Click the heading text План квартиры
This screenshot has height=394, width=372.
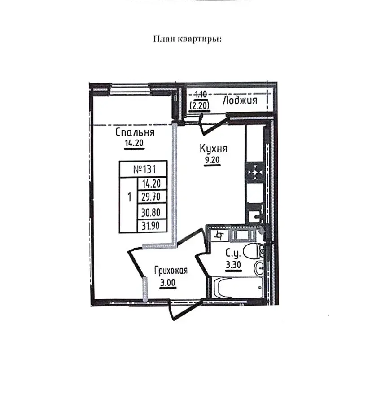[x=188, y=39]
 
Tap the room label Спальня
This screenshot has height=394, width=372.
[x=135, y=132]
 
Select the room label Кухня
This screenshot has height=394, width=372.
[x=214, y=149]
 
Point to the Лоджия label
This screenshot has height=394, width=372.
[x=240, y=100]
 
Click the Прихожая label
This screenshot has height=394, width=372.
[x=171, y=271]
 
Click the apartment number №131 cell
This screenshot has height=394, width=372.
[x=144, y=169]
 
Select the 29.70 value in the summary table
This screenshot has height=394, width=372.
[x=151, y=197]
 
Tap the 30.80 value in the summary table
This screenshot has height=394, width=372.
[x=151, y=213]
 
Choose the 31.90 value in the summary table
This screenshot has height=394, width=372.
[x=151, y=226]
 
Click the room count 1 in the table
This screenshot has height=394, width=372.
[x=129, y=197]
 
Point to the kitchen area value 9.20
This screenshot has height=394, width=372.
[x=212, y=160]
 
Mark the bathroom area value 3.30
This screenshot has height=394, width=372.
[x=233, y=265]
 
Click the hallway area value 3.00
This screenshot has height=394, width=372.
[x=168, y=283]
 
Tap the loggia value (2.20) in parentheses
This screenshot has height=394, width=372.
[x=200, y=106]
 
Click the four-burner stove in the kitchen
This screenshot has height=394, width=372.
[x=255, y=172]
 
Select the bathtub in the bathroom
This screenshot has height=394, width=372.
[x=237, y=287]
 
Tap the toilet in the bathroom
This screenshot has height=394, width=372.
[x=254, y=251]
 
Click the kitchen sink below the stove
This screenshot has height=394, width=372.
[x=255, y=217]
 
